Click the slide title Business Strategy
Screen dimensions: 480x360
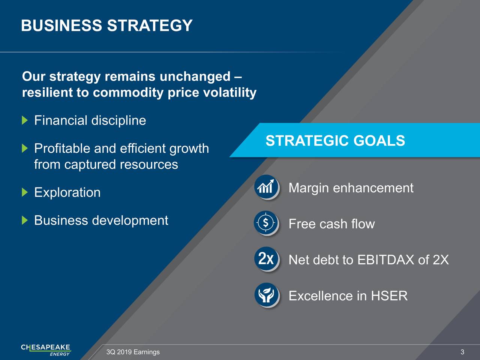(107, 25)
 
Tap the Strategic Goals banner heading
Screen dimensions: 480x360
(335, 140)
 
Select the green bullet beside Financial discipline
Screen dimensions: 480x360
(25, 120)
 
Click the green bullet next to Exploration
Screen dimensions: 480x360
(25, 192)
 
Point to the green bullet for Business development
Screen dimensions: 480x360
(25, 220)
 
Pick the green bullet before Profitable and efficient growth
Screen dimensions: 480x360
(25, 148)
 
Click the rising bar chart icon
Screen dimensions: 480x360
(266, 187)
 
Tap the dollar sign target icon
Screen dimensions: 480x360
(266, 223)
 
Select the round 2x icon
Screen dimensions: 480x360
(266, 259)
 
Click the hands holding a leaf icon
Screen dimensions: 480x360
(266, 295)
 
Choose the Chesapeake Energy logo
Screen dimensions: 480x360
(46, 350)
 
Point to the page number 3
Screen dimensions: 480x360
(462, 352)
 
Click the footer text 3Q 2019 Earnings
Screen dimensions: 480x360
(133, 352)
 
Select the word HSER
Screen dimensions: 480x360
(389, 296)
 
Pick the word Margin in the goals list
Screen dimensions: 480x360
(309, 188)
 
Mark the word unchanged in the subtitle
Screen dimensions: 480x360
(195, 77)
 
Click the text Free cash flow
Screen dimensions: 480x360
(332, 224)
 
